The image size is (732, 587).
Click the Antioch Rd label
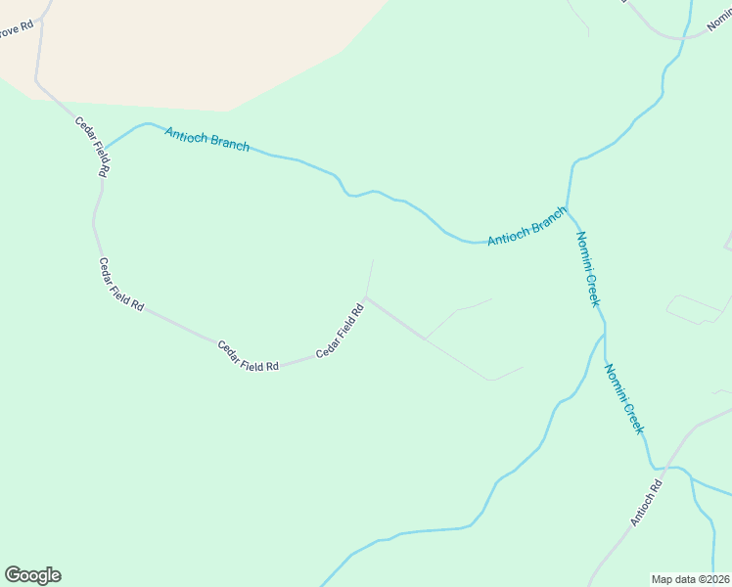[x=646, y=501]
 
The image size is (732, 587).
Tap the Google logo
[x=32, y=575]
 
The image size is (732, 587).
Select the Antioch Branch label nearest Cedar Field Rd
[x=206, y=139]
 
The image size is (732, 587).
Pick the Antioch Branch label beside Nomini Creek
[x=526, y=227]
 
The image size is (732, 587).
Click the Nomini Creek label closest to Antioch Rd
[x=624, y=399]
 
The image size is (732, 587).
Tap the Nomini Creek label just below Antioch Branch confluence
[x=587, y=269]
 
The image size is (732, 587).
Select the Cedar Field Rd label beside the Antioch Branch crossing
[x=92, y=147]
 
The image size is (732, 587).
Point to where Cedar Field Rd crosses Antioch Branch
[x=105, y=149]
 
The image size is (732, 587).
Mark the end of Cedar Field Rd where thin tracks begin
[x=366, y=297]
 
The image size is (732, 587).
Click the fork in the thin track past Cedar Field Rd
[x=425, y=339]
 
